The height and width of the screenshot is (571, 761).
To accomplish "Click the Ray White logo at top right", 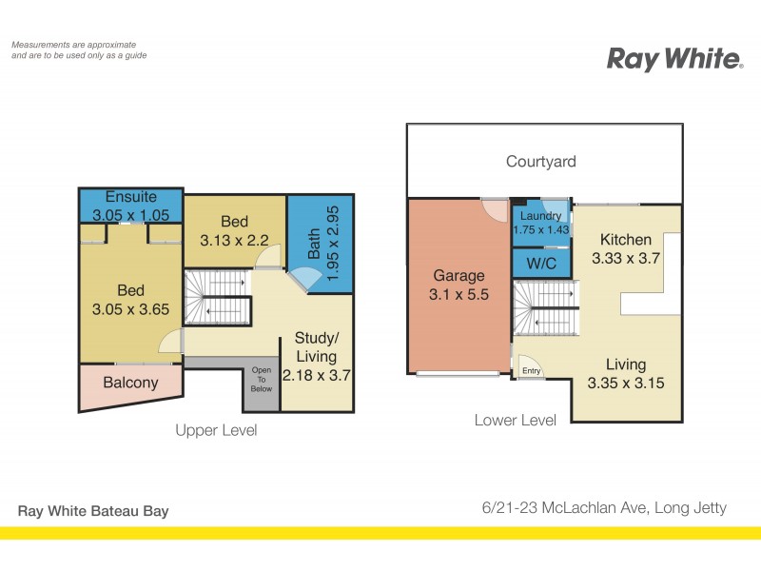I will coord(674,59).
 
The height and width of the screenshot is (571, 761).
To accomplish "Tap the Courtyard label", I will coord(540,162).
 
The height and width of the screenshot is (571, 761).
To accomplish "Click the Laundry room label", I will coord(539,216).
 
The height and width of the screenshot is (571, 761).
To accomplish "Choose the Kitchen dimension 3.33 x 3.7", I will coord(625,258).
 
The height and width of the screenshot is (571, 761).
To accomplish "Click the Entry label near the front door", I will coord(531,371).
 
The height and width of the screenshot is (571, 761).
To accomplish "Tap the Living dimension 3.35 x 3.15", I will coord(625,384).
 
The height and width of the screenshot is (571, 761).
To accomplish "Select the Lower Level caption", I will coord(515,420).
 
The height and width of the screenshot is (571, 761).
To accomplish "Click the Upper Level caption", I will coord(216,430).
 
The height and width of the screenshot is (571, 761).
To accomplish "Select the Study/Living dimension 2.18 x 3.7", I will coord(317,375).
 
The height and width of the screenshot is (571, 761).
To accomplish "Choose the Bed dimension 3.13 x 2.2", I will coord(234,241).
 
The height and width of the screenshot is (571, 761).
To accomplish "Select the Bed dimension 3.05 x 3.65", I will coord(130,308).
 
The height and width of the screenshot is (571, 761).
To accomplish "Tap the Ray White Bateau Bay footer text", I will coord(93,511).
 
